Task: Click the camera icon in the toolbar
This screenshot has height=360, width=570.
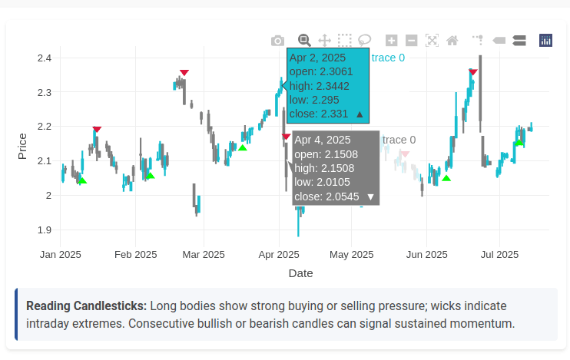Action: tap(277, 40)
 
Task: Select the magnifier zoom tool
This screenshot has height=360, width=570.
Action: tap(304, 40)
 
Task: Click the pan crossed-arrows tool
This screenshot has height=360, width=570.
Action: tap(324, 40)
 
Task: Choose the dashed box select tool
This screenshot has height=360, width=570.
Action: tap(344, 40)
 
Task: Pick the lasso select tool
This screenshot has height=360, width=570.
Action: tap(365, 40)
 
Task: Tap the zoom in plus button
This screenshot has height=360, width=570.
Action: tap(392, 40)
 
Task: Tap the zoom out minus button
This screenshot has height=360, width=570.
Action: tap(411, 40)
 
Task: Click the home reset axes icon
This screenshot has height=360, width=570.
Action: tap(452, 40)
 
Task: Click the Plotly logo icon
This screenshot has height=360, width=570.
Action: tap(546, 40)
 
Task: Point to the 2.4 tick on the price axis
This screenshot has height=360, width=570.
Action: tap(44, 58)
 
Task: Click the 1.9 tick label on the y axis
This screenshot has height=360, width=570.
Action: tap(44, 230)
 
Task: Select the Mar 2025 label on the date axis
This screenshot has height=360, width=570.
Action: tap(203, 254)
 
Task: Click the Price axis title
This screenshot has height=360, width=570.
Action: tap(22, 146)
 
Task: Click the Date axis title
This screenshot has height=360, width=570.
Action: tap(300, 272)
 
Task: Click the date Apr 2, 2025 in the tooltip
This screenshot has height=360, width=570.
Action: tap(318, 58)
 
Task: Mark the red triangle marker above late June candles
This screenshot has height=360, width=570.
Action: tap(473, 72)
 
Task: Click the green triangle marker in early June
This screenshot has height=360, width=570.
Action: tap(446, 178)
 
